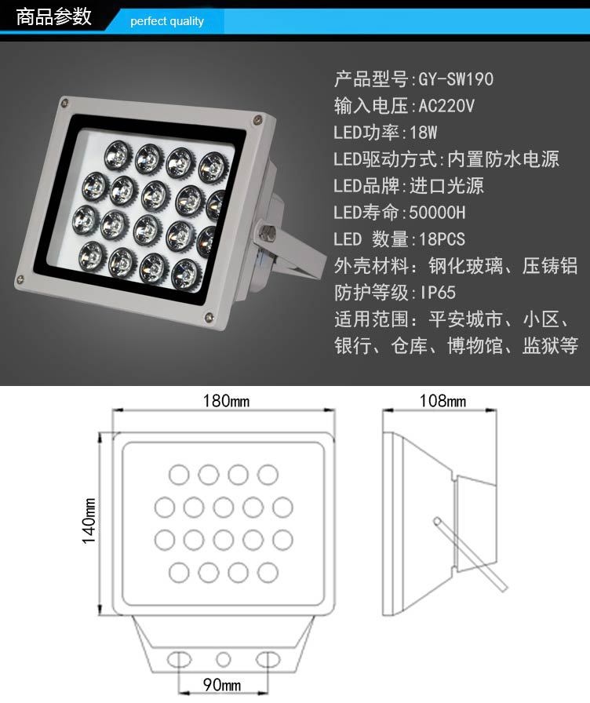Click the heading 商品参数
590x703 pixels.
[54, 17]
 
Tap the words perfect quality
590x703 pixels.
[167, 21]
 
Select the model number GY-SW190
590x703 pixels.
[456, 79]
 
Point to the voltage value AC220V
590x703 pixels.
[446, 106]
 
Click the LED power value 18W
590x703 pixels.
[423, 133]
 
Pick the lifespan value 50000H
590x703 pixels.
[437, 212]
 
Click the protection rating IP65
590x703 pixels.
[438, 293]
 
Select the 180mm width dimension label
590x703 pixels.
[226, 400]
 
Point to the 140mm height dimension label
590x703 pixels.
[89, 520]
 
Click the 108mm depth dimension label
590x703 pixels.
[442, 400]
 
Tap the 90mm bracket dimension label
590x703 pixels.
[222, 685]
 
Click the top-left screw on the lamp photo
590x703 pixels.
[65, 103]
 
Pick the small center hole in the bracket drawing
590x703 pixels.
[224, 659]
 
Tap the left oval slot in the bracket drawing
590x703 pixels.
[180, 660]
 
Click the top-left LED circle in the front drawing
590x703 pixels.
[179, 475]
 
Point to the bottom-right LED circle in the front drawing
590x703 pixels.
[268, 573]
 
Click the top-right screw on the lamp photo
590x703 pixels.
[257, 120]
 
